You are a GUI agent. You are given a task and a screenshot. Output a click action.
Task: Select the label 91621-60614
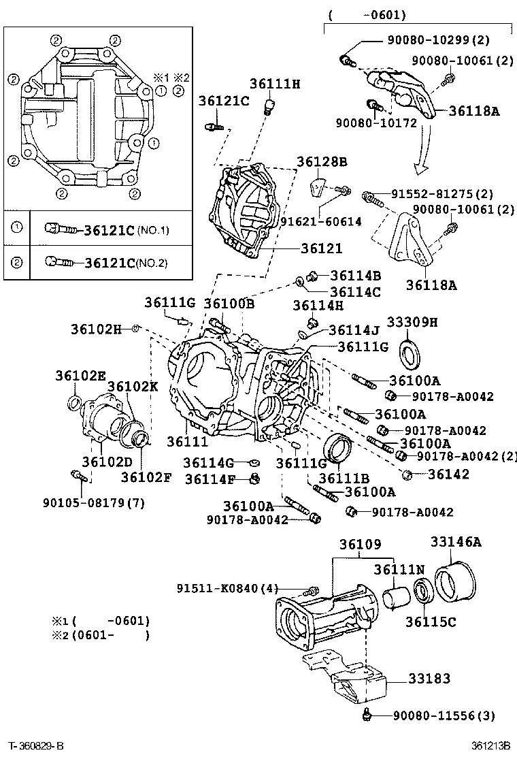321,221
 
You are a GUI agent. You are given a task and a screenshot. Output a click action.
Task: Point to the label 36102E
81,375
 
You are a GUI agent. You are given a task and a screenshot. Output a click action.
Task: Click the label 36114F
209,479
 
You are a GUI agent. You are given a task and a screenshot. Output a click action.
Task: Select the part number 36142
447,474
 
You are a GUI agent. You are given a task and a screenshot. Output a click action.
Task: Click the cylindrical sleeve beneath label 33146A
454,582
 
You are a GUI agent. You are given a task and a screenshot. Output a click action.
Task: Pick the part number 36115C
431,621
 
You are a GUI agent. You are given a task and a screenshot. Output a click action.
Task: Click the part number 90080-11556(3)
444,715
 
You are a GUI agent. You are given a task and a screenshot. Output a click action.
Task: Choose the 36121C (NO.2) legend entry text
125,262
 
